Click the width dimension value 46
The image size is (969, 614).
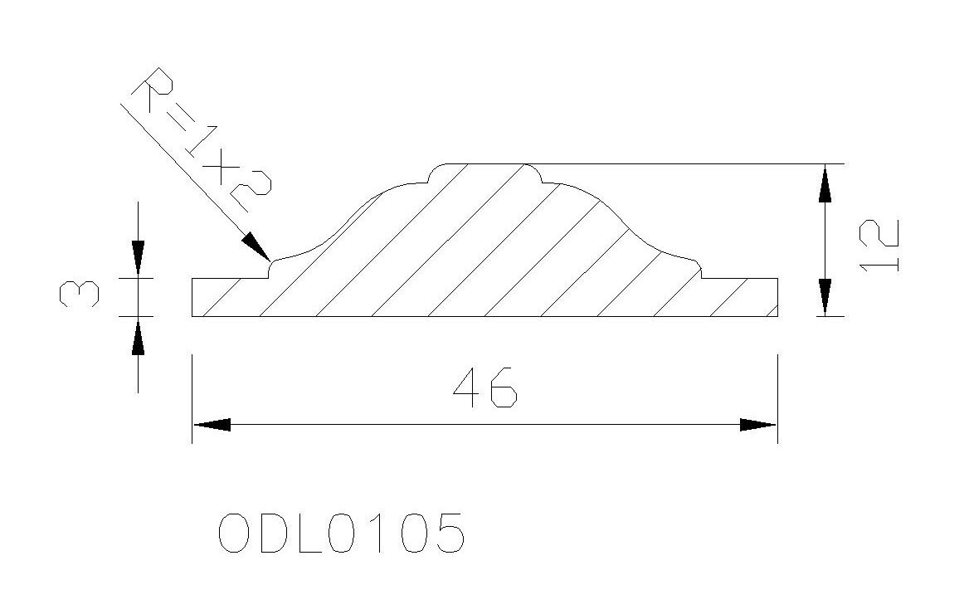[x=484, y=387]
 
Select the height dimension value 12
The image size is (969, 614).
[x=879, y=245]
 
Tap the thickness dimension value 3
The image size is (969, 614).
[x=79, y=293]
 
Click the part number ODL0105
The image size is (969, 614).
[x=341, y=533]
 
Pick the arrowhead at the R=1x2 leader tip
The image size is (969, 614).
[x=256, y=246]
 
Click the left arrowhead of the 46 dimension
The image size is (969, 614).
[x=212, y=425]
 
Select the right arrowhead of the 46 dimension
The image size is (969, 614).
[x=757, y=425]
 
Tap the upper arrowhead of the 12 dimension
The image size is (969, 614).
[x=824, y=183]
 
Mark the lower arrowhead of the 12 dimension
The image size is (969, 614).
[x=824, y=297]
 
